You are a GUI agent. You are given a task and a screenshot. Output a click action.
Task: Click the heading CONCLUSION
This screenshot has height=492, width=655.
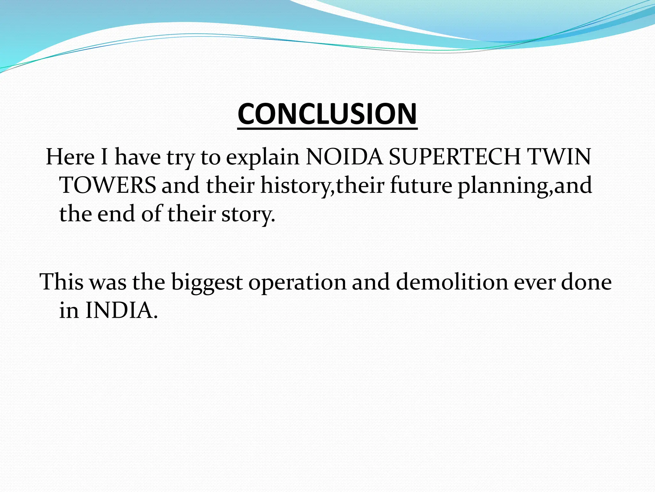327,114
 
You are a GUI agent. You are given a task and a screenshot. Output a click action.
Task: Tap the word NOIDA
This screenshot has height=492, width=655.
344,157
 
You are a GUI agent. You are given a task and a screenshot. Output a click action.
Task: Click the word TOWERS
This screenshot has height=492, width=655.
108,185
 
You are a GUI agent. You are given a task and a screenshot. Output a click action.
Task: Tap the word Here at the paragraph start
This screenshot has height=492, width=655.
70,157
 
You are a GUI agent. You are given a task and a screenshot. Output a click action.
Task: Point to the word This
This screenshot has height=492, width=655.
61,282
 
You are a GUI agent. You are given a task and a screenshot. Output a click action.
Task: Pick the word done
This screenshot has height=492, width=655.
587,282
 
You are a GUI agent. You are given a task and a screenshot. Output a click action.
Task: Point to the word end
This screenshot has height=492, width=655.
116,213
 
